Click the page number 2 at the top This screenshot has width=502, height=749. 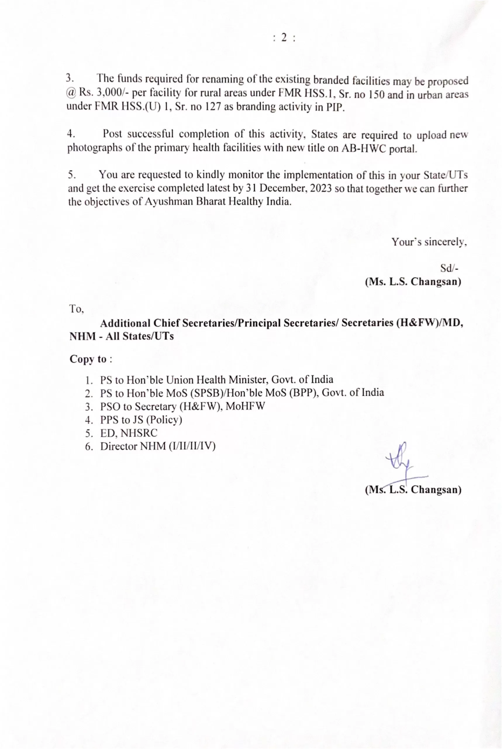(284, 38)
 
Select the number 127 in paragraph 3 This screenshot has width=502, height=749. (212, 107)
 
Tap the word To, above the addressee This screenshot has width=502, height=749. (77, 309)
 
